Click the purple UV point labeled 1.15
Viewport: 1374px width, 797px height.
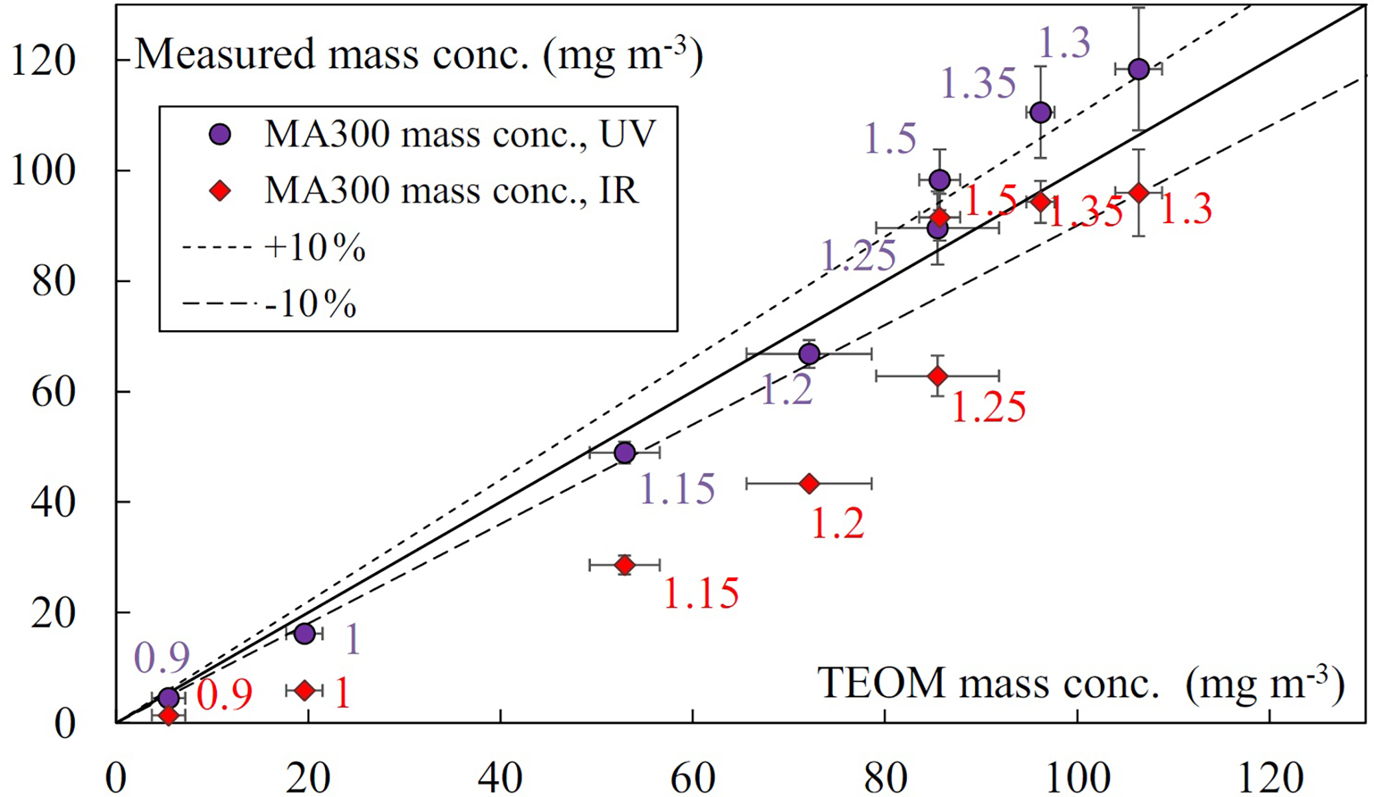coord(625,453)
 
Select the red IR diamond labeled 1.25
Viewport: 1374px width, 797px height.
coord(937,377)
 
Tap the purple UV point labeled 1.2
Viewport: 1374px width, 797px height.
coord(809,354)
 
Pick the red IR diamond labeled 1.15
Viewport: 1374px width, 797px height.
coord(625,565)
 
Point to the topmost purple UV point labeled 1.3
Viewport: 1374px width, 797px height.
coord(1139,69)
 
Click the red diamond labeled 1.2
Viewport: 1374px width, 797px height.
coord(809,484)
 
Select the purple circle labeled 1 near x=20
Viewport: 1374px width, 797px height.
coord(304,634)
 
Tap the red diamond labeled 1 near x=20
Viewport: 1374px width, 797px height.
coord(304,691)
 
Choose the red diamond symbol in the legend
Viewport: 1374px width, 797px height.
coord(219,192)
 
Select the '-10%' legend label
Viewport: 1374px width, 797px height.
coord(310,304)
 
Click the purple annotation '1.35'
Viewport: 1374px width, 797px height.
coord(978,84)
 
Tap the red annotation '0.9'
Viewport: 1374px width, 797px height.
coord(225,695)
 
